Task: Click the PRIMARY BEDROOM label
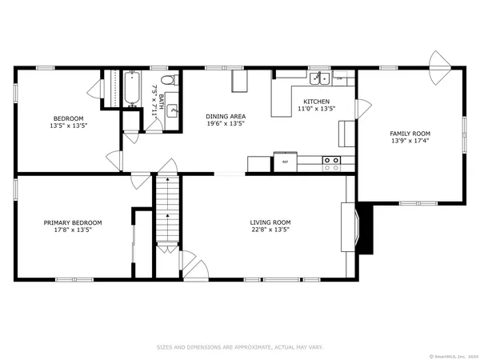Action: coord(73,222)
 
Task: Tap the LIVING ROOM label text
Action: coord(270,222)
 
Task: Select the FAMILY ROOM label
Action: coord(410,134)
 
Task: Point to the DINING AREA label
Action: coord(225,116)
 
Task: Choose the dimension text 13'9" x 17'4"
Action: coord(410,141)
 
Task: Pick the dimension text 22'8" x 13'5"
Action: coord(270,230)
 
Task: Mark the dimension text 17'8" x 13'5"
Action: coord(73,230)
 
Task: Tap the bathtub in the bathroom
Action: coord(131,89)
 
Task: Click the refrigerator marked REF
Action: coord(285,162)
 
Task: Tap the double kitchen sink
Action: coord(320,78)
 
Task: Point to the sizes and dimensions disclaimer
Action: coord(240,347)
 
